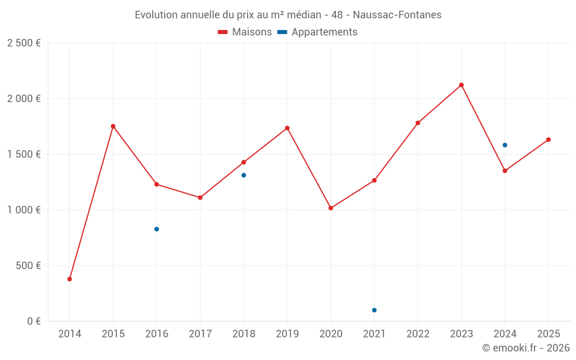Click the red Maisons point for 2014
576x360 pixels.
(x=70, y=279)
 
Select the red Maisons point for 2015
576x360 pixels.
(x=113, y=126)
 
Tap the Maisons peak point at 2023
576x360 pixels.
(x=461, y=85)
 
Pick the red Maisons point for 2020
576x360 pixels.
(x=331, y=208)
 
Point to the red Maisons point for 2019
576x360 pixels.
(x=287, y=128)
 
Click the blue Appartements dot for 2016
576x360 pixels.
(x=157, y=229)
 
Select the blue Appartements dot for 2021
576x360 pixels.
(x=374, y=310)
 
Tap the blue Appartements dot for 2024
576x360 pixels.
(x=505, y=145)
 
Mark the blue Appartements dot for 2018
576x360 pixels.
(x=244, y=175)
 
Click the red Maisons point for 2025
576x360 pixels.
(x=548, y=139)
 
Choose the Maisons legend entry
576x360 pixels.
(x=245, y=32)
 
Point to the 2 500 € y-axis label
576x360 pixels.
(x=24, y=43)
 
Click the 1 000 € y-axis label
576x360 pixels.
(x=24, y=210)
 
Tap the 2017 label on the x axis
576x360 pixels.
(x=200, y=334)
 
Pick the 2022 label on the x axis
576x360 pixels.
(x=418, y=334)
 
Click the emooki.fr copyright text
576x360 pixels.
(x=525, y=348)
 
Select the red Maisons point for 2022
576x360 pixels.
(x=418, y=123)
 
